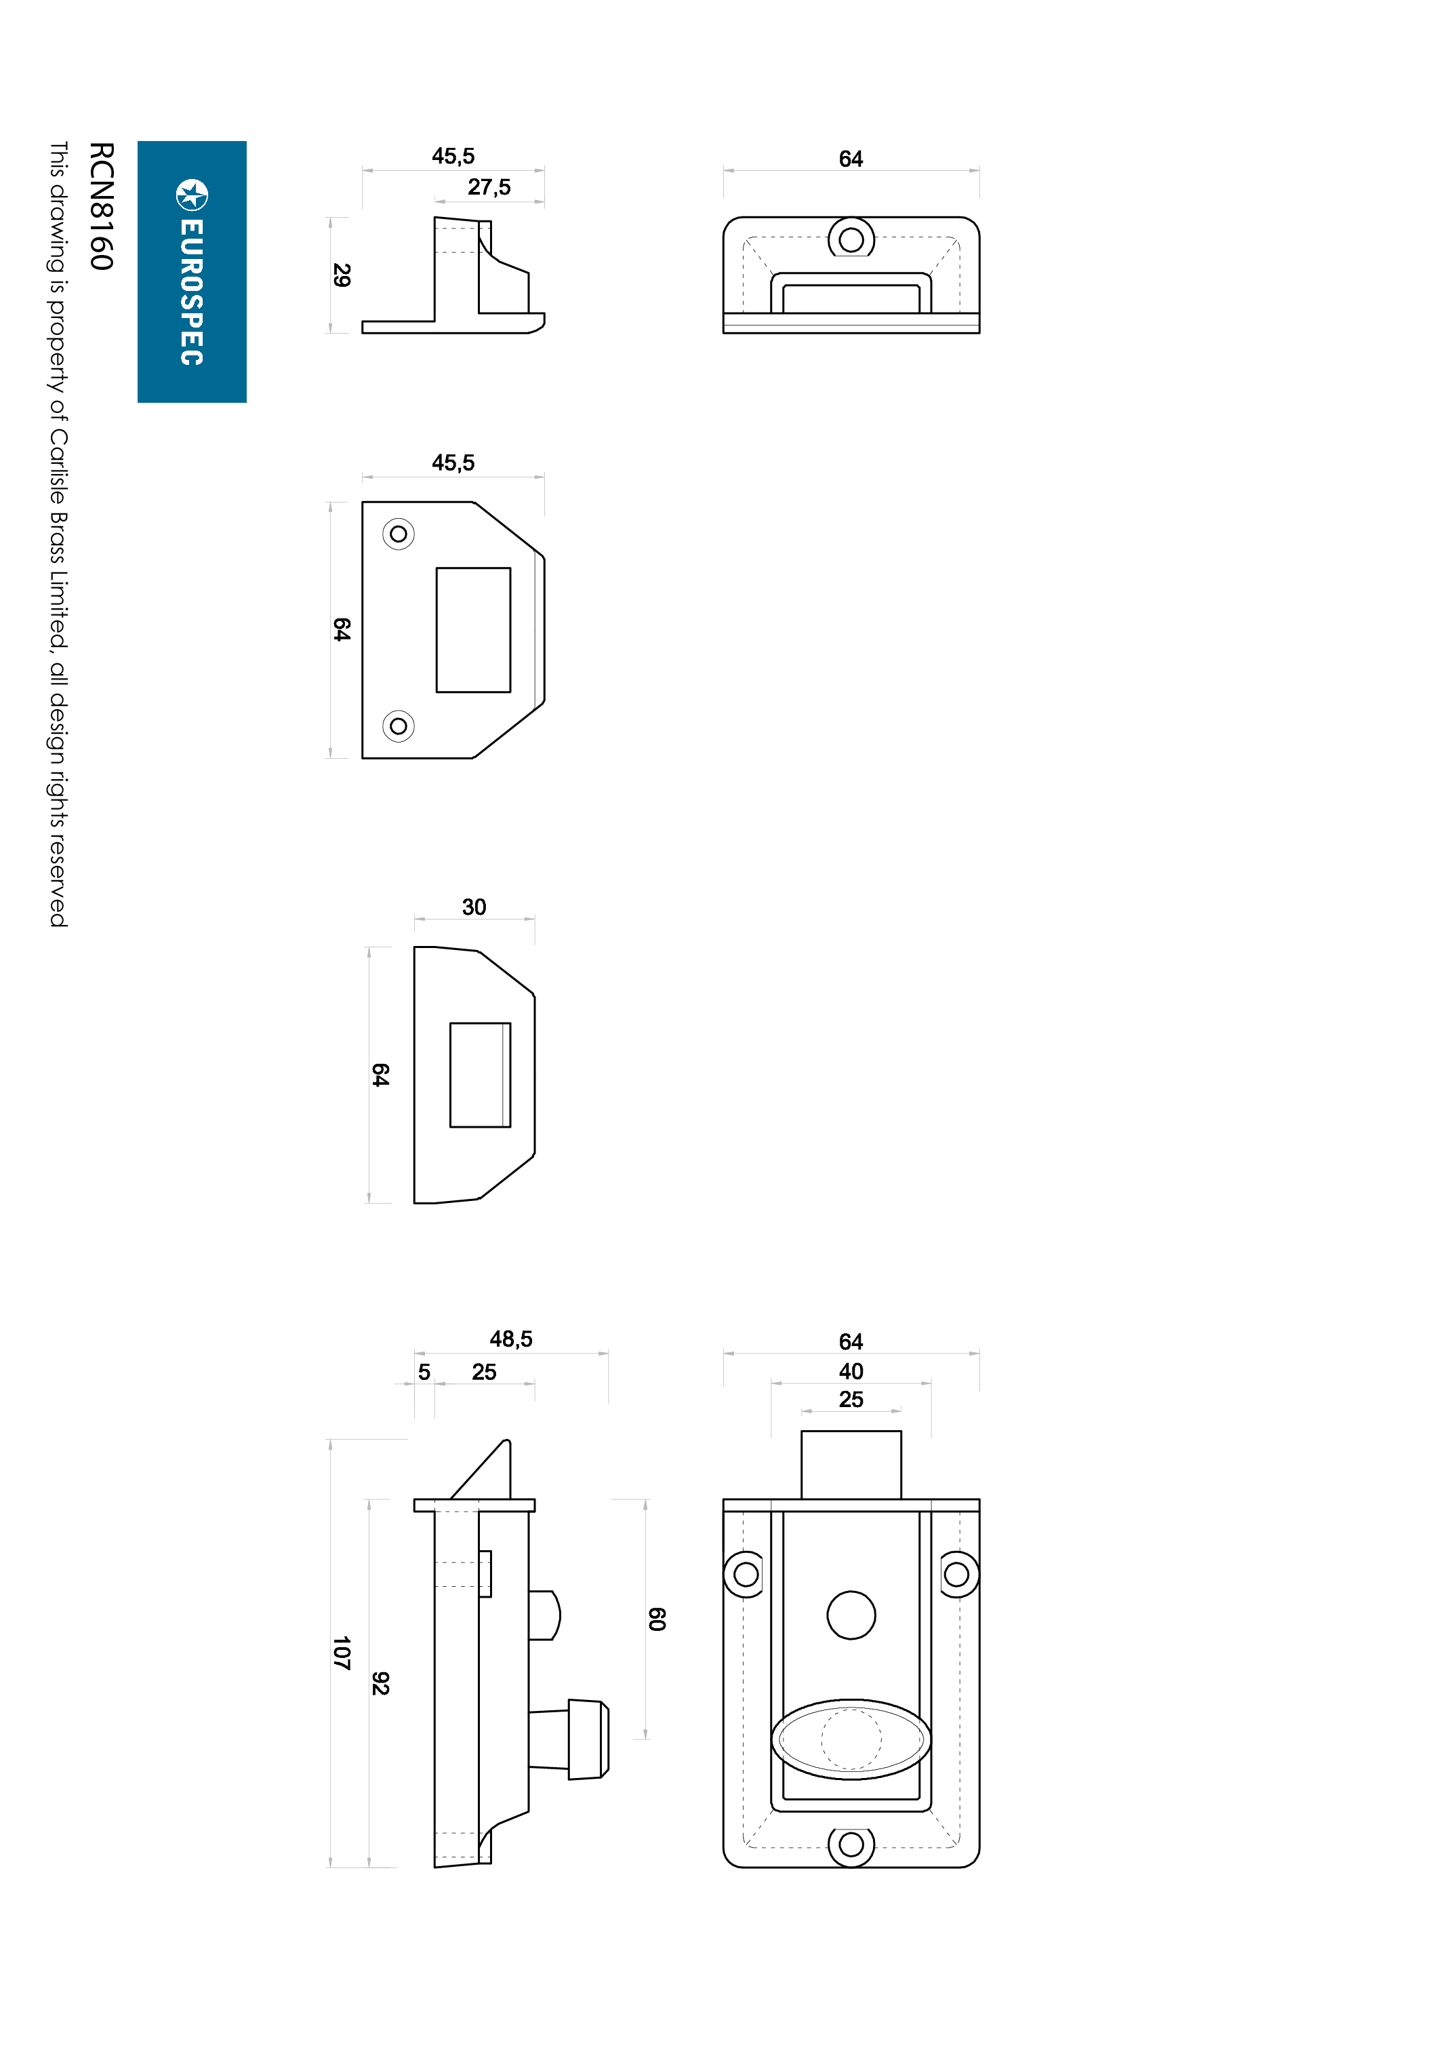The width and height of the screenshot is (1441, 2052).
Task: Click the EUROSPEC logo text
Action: point(192,292)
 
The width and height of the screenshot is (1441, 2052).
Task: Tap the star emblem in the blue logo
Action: point(192,195)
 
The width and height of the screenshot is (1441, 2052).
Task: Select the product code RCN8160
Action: point(102,205)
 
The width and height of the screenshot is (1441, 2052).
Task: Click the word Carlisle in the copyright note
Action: point(58,480)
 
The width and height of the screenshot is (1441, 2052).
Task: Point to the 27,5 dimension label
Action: point(489,186)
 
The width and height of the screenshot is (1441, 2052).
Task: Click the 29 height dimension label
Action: point(341,275)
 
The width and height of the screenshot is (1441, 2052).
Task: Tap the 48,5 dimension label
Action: point(511,1338)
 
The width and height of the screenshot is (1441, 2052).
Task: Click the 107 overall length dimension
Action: point(341,1653)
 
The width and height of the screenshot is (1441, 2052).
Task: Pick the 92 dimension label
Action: point(380,1683)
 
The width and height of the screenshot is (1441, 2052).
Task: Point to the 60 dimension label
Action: point(657,1619)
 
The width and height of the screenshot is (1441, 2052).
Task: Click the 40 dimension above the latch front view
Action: point(851,1371)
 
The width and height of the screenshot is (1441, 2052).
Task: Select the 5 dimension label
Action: point(424,1372)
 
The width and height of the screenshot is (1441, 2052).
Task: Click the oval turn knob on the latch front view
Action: point(851,1739)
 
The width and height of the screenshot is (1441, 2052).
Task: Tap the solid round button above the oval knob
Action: point(851,1615)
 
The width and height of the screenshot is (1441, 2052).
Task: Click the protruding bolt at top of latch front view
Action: point(851,1465)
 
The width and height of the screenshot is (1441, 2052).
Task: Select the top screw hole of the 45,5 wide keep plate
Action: point(399,534)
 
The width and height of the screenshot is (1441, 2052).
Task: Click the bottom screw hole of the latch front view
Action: point(851,1844)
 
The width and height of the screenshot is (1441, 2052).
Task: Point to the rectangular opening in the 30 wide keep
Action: point(481,1075)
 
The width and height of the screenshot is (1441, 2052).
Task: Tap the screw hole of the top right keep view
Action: point(851,239)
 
